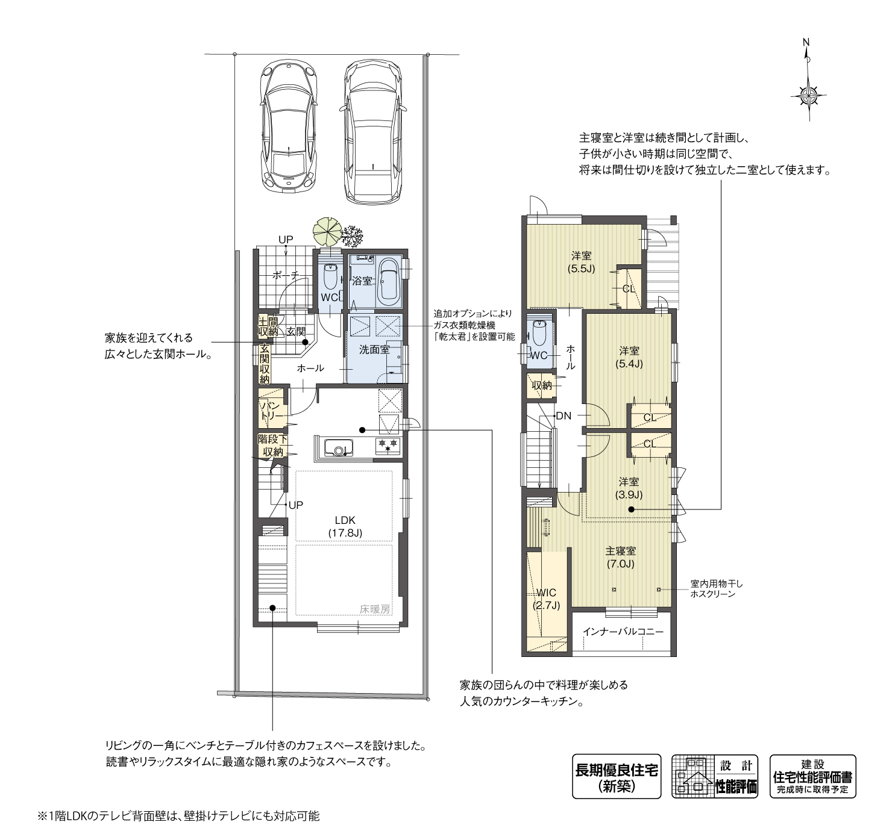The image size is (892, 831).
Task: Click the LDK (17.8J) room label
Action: [345, 526]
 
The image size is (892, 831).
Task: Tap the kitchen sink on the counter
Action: [338, 447]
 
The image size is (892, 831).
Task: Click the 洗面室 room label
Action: [374, 349]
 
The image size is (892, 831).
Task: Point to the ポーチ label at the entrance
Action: [285, 275]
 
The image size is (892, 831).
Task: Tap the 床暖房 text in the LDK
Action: [376, 609]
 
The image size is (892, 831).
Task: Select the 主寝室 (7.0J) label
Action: [621, 557]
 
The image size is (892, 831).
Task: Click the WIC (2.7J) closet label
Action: [547, 599]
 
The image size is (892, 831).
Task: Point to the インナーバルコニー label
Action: [623, 632]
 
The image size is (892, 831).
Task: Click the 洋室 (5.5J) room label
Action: [581, 263]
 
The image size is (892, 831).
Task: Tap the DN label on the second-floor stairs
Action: [563, 415]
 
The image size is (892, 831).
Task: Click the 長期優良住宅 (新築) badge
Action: [616, 776]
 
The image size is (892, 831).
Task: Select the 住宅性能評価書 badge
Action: [812, 776]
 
